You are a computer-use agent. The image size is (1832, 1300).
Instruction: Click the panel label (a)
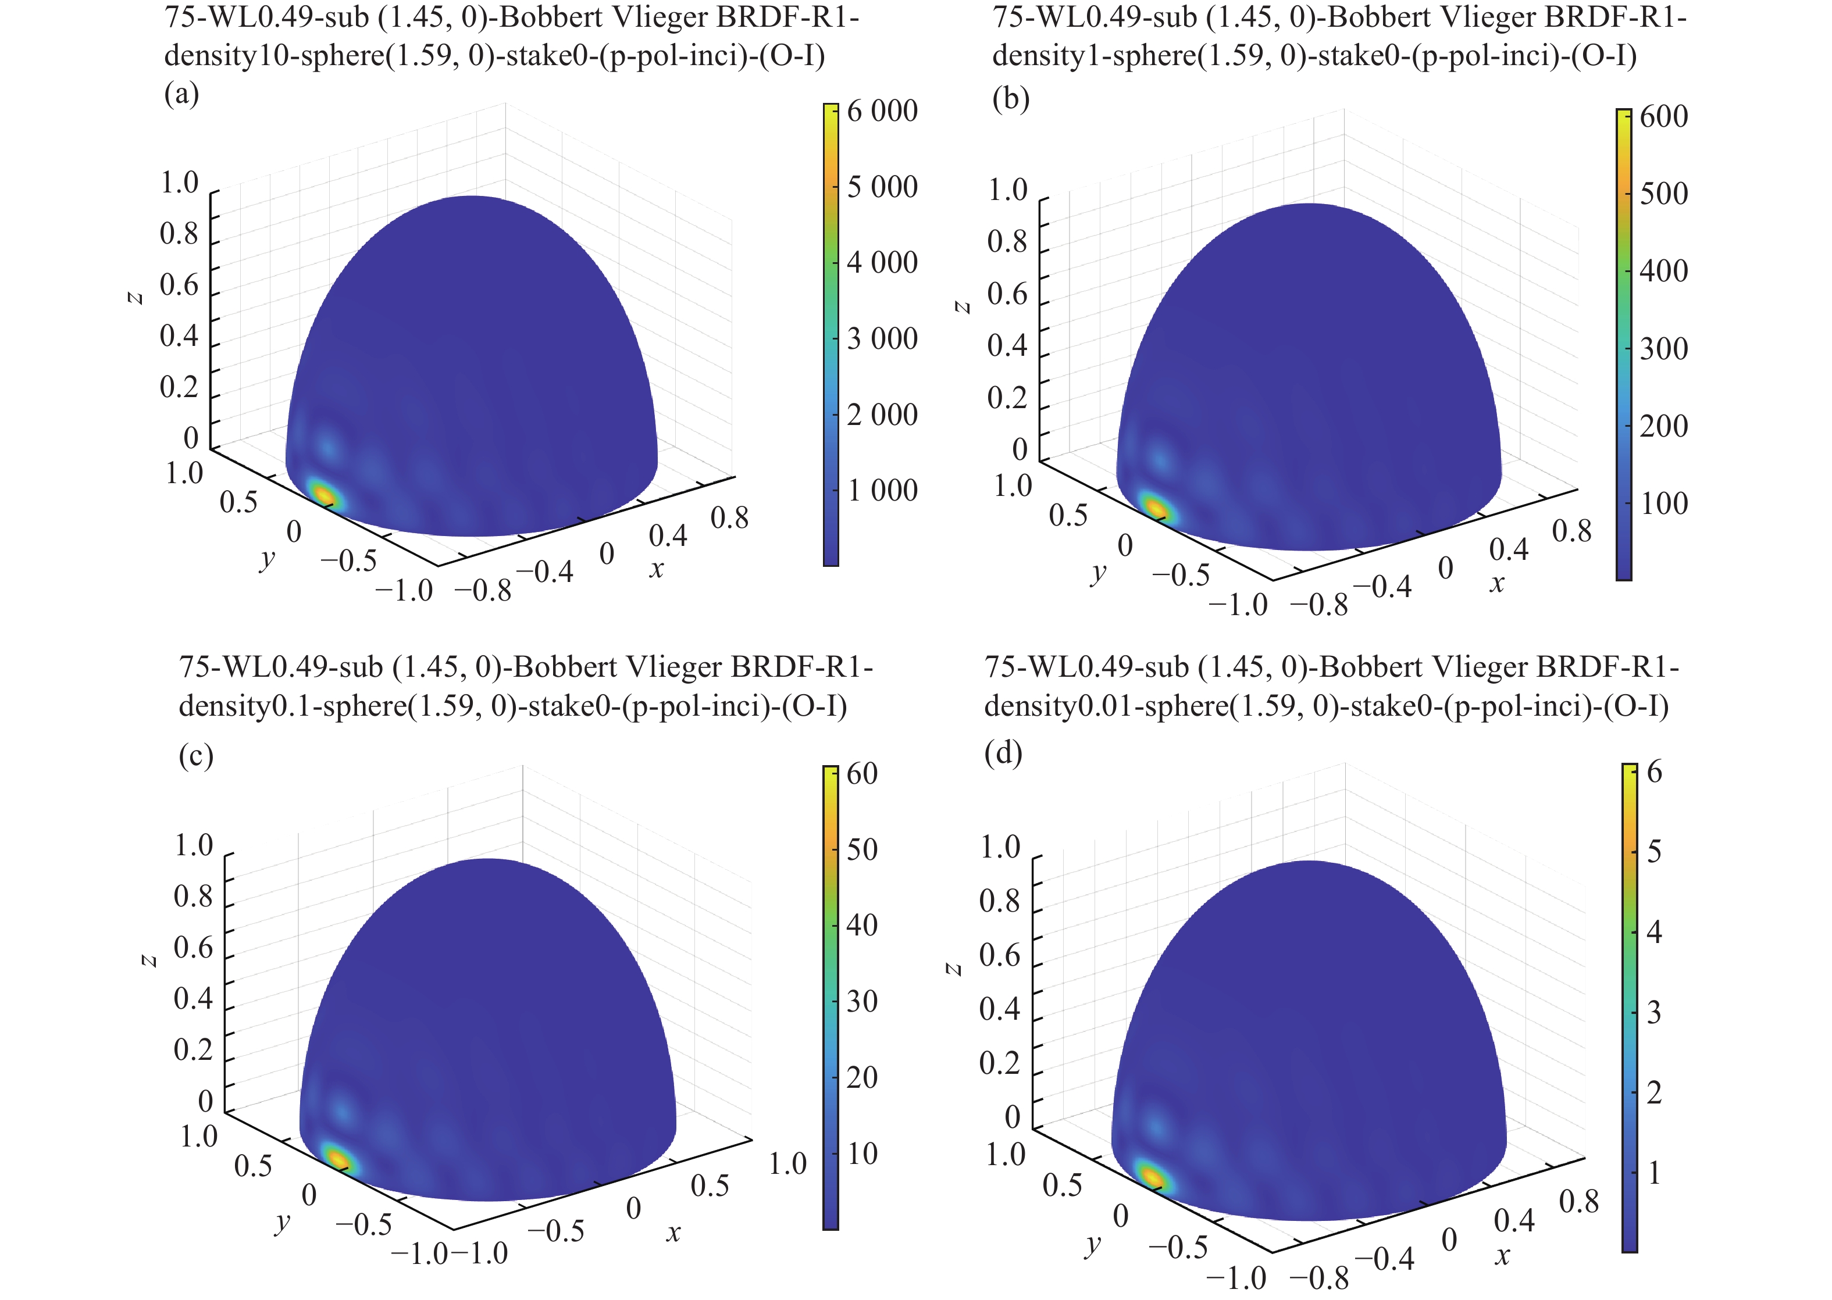[181, 94]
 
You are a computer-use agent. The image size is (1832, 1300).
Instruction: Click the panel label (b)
[1010, 99]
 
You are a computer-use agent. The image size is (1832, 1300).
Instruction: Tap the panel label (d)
[1003, 753]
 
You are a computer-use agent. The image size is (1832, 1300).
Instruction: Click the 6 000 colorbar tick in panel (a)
[882, 111]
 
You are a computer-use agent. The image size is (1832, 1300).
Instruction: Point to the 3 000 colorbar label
[882, 338]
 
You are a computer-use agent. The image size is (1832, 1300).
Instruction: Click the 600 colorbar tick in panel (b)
[1664, 117]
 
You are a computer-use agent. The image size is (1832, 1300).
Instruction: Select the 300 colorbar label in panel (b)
[1664, 349]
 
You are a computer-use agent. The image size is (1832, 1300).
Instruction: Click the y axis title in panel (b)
[1098, 572]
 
